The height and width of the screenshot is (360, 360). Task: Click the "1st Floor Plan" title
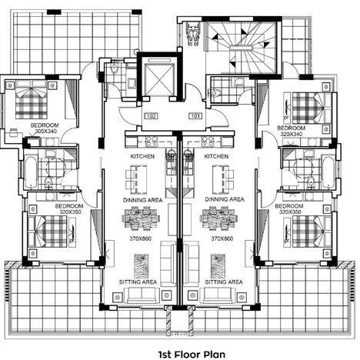[180, 354]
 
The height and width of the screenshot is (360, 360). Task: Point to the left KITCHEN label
[142, 156]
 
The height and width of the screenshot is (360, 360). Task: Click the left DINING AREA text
[142, 200]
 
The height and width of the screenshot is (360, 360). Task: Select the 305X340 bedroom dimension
[45, 132]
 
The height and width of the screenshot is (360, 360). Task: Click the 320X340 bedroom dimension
[293, 133]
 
